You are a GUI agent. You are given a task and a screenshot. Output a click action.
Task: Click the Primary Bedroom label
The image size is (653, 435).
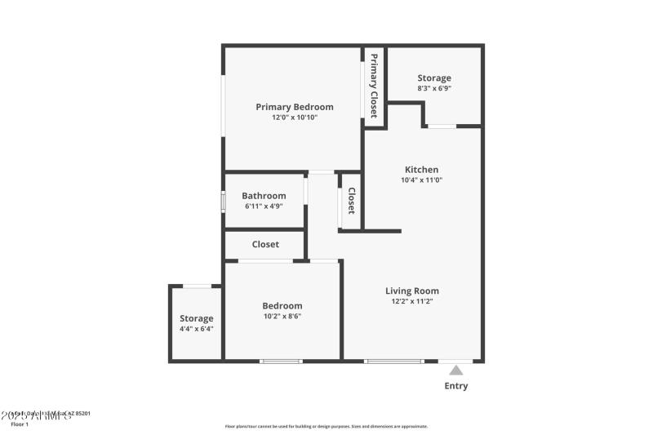(x=294, y=107)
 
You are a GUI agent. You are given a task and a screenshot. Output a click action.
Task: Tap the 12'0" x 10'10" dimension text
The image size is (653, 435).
(x=294, y=118)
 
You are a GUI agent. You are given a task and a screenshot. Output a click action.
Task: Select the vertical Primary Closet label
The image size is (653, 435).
(x=374, y=86)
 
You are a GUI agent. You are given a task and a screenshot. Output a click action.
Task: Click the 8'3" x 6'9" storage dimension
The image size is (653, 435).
(x=433, y=88)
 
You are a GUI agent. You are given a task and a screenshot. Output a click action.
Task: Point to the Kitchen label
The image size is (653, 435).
(x=421, y=170)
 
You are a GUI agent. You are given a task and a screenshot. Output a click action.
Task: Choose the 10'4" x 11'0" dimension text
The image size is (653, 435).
(x=421, y=180)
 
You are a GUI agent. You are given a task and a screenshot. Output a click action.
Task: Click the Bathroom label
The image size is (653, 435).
(x=264, y=196)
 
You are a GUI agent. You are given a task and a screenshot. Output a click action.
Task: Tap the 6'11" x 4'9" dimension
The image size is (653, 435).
(x=264, y=206)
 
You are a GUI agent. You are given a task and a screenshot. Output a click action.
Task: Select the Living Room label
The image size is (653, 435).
(x=411, y=291)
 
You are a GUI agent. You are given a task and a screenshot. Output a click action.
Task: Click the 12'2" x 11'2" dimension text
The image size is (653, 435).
(x=411, y=301)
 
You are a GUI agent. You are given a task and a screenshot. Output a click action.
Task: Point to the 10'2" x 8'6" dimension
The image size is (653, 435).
(x=282, y=317)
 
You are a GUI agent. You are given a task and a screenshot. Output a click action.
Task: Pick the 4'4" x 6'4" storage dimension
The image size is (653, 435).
(x=196, y=329)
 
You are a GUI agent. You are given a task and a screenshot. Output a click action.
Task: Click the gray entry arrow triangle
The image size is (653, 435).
(x=456, y=371)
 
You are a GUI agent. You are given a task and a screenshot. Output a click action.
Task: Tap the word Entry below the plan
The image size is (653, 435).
(x=456, y=386)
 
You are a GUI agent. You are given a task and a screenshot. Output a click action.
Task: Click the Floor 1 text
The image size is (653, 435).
(x=20, y=424)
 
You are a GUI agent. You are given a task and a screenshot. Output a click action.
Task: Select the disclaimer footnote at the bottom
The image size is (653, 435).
(x=326, y=426)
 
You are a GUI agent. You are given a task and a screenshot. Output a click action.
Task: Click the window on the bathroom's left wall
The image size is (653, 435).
(x=224, y=202)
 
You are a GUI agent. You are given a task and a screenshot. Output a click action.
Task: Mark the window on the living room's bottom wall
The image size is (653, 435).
(x=393, y=361)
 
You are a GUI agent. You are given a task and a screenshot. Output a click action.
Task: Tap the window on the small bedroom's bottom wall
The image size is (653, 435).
(x=281, y=361)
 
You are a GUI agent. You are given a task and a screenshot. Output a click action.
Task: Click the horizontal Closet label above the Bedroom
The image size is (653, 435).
(x=265, y=244)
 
